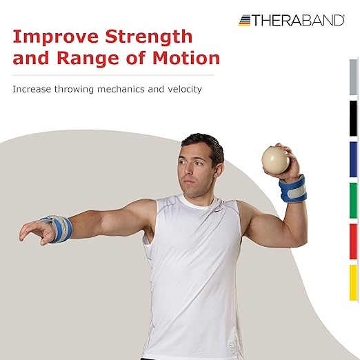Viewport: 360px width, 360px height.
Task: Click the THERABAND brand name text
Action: tap(299, 21)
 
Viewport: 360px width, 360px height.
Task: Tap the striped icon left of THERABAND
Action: tap(245, 21)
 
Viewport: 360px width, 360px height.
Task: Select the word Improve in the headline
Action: tap(52, 34)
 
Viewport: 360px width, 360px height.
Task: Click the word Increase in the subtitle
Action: tap(31, 89)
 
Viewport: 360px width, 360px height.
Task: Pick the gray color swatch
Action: tap(353, 77)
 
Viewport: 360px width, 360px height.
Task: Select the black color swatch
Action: tap(353, 118)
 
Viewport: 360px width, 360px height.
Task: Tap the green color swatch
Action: tap(353, 200)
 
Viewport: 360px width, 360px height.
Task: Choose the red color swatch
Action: tap(353, 241)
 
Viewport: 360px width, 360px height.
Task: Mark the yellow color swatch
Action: tap(353, 282)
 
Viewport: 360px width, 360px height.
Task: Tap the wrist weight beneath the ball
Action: tap(292, 189)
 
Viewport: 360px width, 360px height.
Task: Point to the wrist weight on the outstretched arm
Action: tap(56, 228)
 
